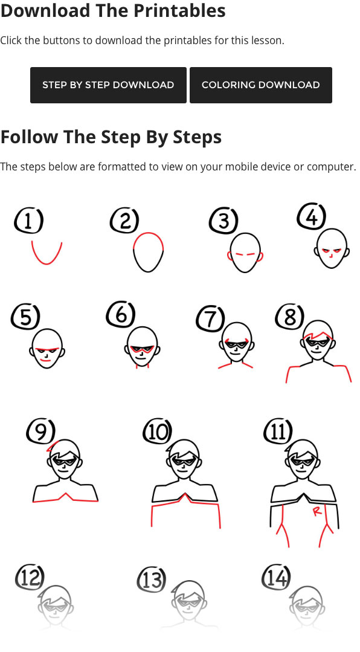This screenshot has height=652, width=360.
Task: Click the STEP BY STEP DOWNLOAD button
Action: pyautogui.click(x=108, y=85)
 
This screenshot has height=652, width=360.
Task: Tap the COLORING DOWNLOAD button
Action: pyautogui.click(x=261, y=85)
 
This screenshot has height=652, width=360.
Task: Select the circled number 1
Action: pyautogui.click(x=28, y=221)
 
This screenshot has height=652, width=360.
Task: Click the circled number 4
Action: pyautogui.click(x=311, y=216)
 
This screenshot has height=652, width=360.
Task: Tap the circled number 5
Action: pyautogui.click(x=25, y=317)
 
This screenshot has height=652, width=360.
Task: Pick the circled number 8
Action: pyautogui.click(x=289, y=317)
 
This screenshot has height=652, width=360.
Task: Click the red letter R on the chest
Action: pyautogui.click(x=317, y=511)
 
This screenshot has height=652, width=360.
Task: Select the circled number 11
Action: pyautogui.click(x=278, y=431)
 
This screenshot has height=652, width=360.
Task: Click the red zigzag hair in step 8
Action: pyautogui.click(x=318, y=335)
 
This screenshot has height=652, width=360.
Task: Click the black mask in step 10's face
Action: pyautogui.click(x=184, y=460)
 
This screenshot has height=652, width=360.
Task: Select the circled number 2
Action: pyautogui.click(x=124, y=221)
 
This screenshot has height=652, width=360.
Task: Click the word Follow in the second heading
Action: pyautogui.click(x=29, y=137)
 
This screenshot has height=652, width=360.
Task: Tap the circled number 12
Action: pyautogui.click(x=30, y=576)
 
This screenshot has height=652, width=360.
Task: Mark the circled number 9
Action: pyautogui.click(x=40, y=431)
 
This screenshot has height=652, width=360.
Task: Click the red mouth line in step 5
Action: pyautogui.click(x=45, y=360)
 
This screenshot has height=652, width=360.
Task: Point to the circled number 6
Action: pyautogui.click(x=121, y=315)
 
